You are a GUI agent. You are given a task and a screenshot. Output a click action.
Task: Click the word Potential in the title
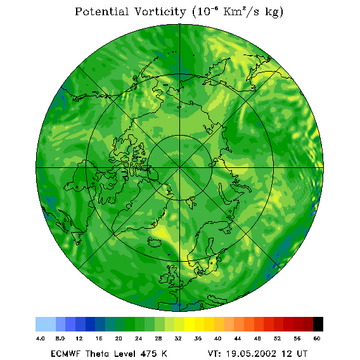click(x=101, y=11)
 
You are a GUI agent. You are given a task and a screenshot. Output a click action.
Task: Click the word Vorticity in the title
click(x=160, y=11)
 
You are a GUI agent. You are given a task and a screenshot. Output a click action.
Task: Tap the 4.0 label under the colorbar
click(x=41, y=338)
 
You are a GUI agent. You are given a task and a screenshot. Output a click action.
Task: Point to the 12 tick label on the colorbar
click(x=79, y=338)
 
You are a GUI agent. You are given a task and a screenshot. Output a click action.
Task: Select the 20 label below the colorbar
click(x=119, y=338)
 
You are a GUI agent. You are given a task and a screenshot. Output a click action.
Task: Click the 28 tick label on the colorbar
click(x=158, y=338)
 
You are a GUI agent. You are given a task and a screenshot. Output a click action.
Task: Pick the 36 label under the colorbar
click(x=198, y=338)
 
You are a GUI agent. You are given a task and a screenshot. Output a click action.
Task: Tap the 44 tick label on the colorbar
click(x=238, y=338)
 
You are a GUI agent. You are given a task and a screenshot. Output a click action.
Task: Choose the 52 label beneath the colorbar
click(x=277, y=338)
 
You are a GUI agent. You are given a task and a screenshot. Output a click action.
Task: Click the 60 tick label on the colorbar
click(x=317, y=338)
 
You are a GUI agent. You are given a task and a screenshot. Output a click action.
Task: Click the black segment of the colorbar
click(x=318, y=324)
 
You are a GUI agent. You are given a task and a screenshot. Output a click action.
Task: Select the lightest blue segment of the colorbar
click(x=46, y=324)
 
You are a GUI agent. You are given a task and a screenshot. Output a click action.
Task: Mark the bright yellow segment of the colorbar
click(x=190, y=324)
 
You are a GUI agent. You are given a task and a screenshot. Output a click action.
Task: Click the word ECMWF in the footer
click(x=66, y=354)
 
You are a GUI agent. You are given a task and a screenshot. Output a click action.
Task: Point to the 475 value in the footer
click(x=150, y=354)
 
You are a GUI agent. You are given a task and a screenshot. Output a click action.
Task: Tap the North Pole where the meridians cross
click(x=180, y=168)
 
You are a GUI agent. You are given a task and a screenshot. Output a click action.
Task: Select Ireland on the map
click(x=165, y=278)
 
